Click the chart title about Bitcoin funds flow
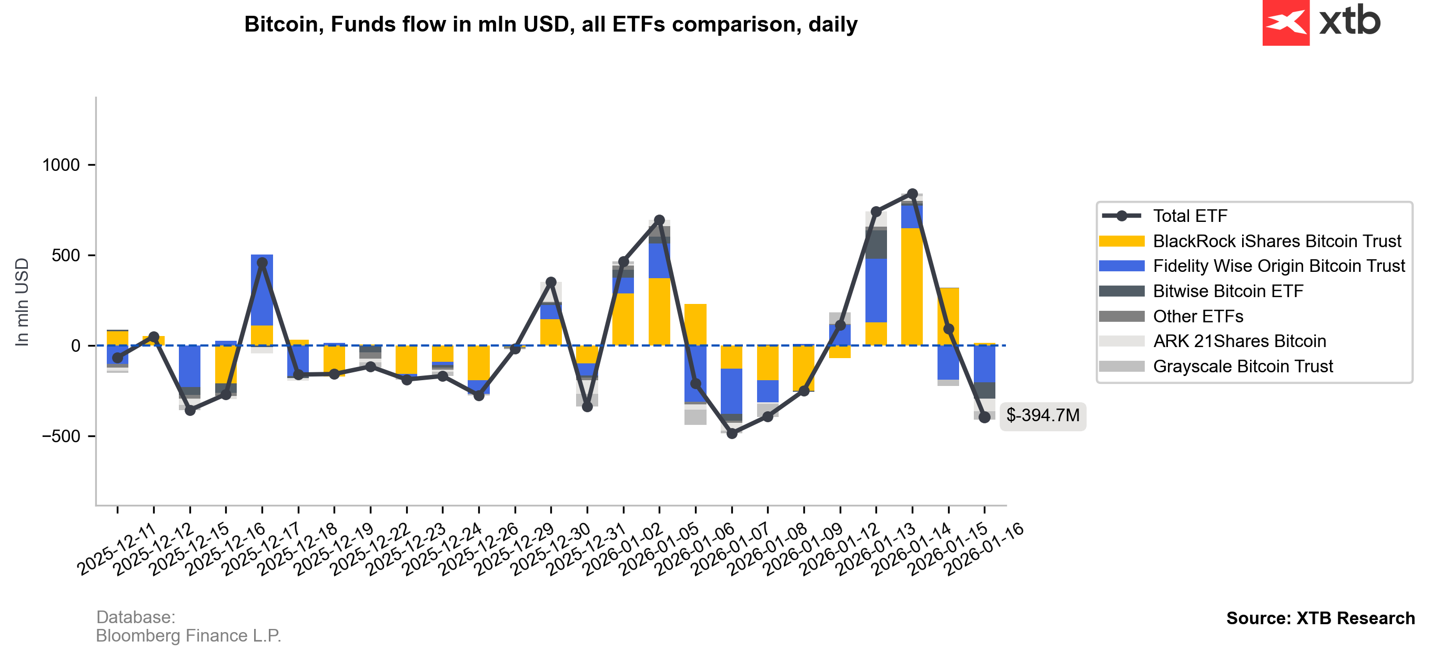click(x=550, y=24)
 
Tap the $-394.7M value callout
click(x=1042, y=415)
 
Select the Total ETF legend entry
click(x=1190, y=216)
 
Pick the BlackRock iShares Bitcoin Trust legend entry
click(x=1276, y=241)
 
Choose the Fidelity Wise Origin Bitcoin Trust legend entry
click(x=1278, y=266)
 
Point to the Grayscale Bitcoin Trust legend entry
click(x=1242, y=367)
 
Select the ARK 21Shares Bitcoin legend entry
click(x=1239, y=341)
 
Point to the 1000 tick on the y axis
click(x=61, y=165)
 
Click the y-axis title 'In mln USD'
click(x=22, y=302)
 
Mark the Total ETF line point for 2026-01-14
click(x=912, y=194)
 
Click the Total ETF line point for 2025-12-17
click(x=262, y=263)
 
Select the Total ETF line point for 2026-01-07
click(x=732, y=433)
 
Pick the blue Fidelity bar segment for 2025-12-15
click(x=189, y=366)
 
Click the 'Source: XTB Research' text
click(x=1320, y=618)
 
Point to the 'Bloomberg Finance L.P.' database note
click(x=188, y=635)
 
